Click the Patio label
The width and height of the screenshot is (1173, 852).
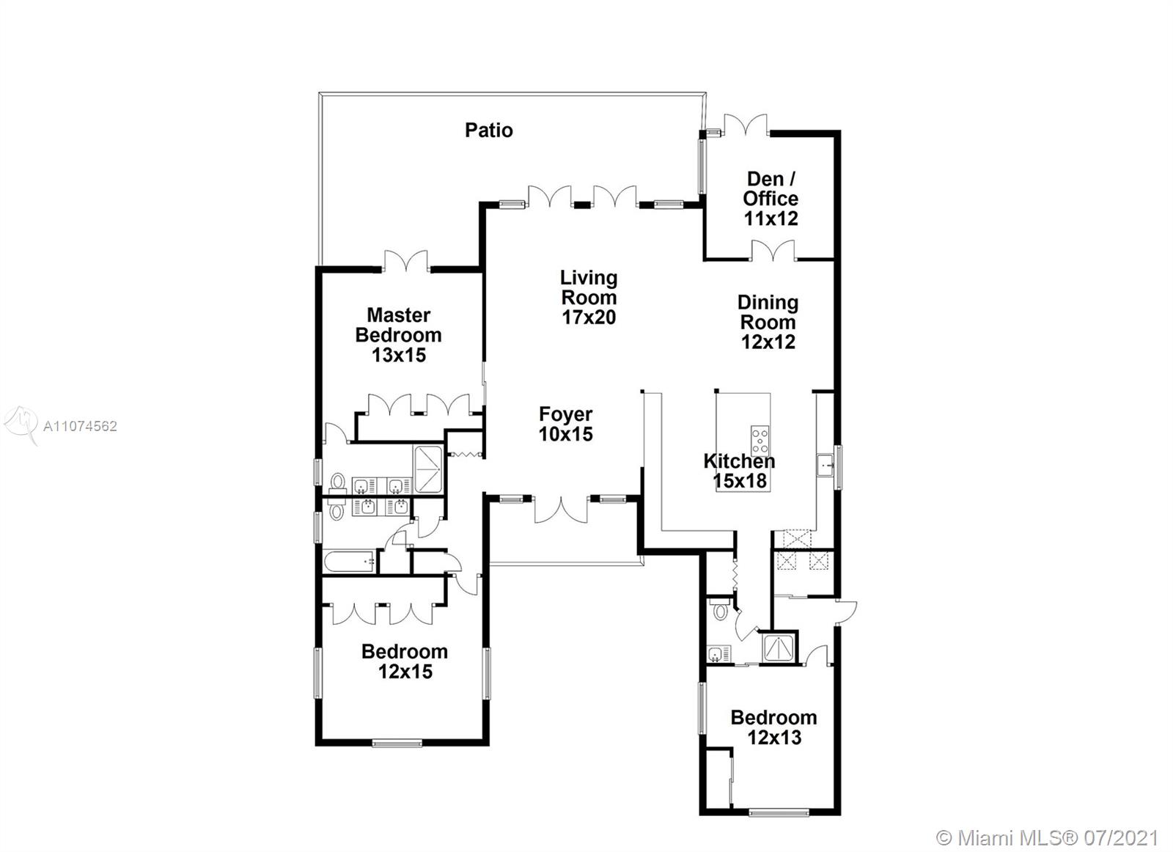488,130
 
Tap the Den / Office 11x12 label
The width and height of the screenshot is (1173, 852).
771,199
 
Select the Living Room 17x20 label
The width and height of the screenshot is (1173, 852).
589,297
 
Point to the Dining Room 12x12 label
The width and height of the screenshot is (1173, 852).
768,322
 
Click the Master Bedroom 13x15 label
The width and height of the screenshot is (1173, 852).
399,335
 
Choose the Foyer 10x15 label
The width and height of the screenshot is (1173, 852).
565,424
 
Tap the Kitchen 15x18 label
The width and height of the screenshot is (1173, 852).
740,471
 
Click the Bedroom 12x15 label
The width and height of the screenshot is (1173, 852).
405,661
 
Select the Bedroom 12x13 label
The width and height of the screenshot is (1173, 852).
773,727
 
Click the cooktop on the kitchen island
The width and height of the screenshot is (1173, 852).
760,441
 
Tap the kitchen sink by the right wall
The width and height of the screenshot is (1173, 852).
825,464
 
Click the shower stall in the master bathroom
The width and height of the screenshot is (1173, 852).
429,469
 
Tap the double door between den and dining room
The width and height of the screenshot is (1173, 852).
773,250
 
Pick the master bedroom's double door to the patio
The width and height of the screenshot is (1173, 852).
406,261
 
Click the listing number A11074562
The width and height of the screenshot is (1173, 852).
80,426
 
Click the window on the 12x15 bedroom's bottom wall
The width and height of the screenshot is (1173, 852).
397,743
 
